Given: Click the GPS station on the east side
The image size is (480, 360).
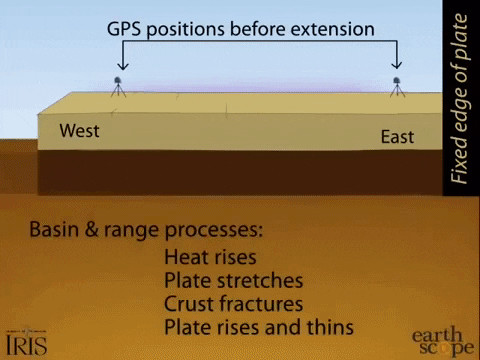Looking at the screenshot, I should click(397, 86).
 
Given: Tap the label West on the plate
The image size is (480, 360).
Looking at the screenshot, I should click(80, 130).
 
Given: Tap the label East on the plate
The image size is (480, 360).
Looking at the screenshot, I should click(397, 137).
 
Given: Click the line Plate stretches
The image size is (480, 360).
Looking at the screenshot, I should click(233, 280).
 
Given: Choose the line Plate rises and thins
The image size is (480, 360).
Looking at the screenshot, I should click(258, 326).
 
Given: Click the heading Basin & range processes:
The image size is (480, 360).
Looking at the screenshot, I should click(146, 229).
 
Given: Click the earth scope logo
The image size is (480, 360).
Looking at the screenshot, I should click(440, 338).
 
